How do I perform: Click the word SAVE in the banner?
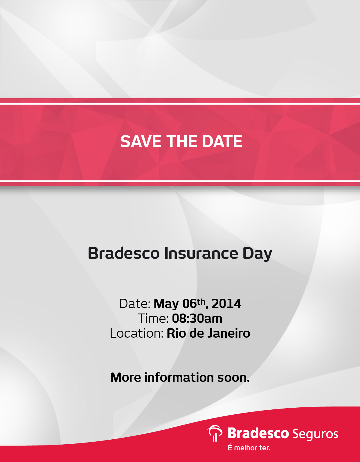141,142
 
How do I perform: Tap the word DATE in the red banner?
222,142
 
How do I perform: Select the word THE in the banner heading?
182,142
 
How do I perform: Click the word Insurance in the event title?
201,253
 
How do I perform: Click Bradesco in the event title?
124,253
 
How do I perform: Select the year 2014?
226,304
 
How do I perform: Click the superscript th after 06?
201,302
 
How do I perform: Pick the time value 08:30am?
197,318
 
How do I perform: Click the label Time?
153,318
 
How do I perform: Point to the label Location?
136,333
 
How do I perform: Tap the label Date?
135,304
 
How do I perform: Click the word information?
179,377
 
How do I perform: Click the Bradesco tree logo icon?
215,433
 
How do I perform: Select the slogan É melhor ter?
249,448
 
